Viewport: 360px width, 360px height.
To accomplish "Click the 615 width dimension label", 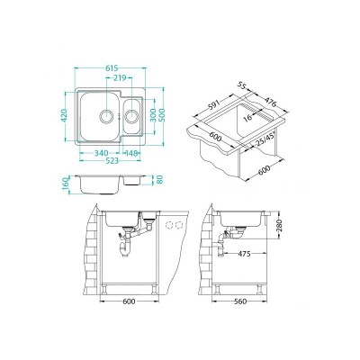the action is coord(112,68).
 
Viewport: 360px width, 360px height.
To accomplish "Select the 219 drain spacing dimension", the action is coord(120,78).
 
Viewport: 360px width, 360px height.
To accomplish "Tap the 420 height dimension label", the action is coord(64,115).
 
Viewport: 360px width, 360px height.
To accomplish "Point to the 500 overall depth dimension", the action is coord(162,115).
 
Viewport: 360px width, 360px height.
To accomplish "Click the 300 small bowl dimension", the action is coord(153,115).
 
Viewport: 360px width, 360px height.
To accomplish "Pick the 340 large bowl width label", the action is coord(101,153).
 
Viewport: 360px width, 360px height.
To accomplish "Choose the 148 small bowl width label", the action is coord(131,153).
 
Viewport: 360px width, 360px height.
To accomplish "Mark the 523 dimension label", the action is coord(112,161).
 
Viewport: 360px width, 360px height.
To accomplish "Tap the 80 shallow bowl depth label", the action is coord(159,179).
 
